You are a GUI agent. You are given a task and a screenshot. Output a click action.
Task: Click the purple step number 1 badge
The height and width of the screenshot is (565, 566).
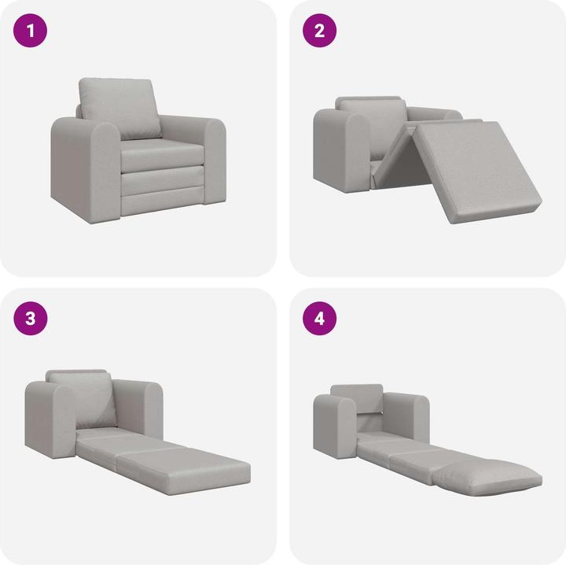31,31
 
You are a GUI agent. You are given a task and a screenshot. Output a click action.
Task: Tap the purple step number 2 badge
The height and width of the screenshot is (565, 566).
320,31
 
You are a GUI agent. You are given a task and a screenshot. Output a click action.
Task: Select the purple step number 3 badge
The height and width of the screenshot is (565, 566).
31,319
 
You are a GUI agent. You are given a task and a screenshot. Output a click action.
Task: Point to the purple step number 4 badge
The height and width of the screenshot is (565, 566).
320,319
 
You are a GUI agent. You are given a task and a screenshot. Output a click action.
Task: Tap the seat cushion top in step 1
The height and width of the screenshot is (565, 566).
160,150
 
